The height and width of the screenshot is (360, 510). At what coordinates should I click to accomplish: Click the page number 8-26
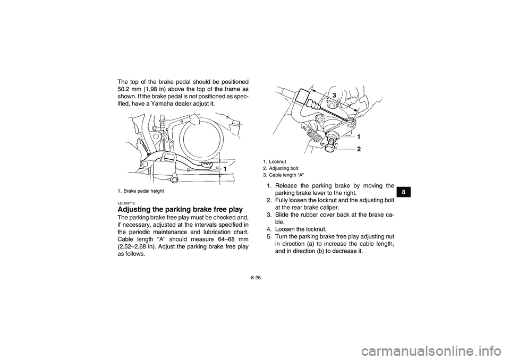255,277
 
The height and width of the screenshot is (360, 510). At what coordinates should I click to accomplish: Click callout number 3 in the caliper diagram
335,94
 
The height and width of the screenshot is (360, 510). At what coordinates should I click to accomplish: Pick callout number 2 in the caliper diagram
359,150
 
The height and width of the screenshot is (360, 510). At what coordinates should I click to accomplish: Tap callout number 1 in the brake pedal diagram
225,168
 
